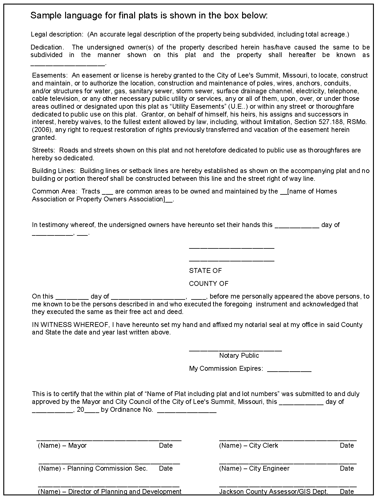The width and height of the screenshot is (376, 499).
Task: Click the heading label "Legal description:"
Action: pyautogui.click(x=57, y=34)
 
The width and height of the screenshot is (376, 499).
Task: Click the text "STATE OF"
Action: pyautogui.click(x=205, y=271)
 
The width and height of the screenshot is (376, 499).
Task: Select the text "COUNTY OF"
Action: pyautogui.click(x=209, y=284)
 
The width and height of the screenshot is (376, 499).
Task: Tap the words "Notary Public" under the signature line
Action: pyautogui.click(x=239, y=356)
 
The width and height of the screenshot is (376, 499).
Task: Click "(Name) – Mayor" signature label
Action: pyautogui.click(x=62, y=446)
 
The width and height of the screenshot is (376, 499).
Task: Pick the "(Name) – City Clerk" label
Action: pyautogui.click(x=248, y=446)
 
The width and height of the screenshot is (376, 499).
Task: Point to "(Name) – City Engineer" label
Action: pyautogui.click(x=254, y=469)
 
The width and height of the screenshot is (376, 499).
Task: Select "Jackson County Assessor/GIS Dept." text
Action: pyautogui.click(x=273, y=491)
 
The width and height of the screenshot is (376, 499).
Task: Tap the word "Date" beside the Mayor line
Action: pyautogui.click(x=166, y=446)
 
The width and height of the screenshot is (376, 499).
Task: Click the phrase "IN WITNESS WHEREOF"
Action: pyautogui.click(x=70, y=325)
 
